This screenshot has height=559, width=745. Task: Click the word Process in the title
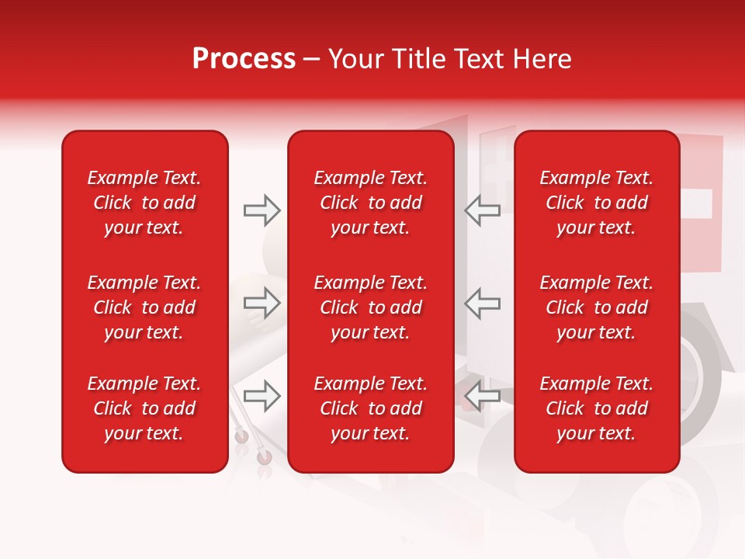point(244,59)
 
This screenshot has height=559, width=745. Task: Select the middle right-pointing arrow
point(262,303)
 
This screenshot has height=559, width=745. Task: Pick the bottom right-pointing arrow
point(262,396)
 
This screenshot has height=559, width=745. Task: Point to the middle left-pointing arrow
point(482,303)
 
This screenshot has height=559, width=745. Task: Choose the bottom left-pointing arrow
point(482,396)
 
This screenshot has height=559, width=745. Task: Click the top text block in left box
point(144,203)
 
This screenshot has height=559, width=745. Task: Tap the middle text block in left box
point(144,307)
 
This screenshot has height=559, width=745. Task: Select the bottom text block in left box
point(144,408)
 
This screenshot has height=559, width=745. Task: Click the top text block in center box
point(371,203)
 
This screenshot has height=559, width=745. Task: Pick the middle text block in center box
point(371,307)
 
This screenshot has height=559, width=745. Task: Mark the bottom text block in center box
point(371,408)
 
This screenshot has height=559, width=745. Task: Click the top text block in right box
point(597,203)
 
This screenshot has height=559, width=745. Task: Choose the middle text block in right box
point(597,307)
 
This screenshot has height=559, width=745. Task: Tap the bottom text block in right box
point(597,408)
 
